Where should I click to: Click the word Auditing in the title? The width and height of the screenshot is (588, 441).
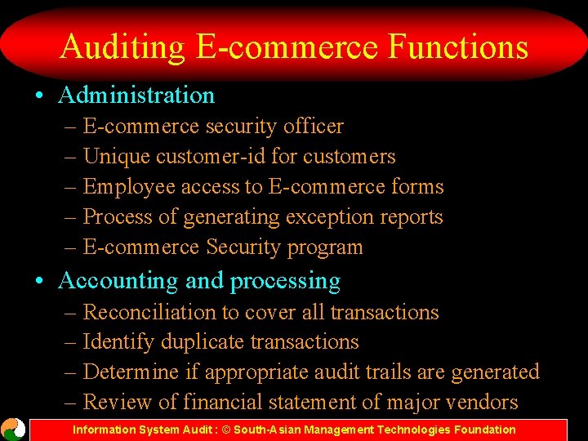pyautogui.click(x=122, y=47)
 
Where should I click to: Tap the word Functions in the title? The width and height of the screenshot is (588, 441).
pyautogui.click(x=458, y=47)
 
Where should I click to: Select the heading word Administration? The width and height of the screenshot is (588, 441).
pyautogui.click(x=136, y=96)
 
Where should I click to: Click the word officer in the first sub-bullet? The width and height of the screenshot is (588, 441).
pyautogui.click(x=313, y=127)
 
